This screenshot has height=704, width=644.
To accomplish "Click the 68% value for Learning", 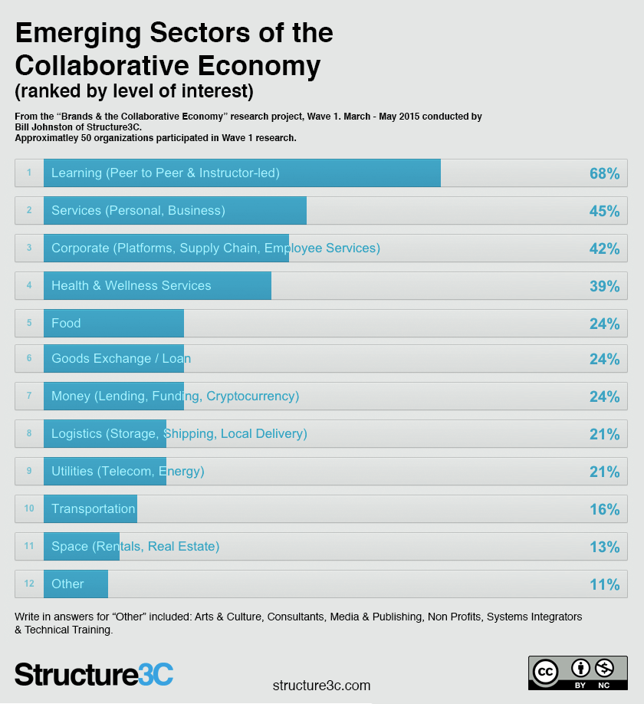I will pos(604,173).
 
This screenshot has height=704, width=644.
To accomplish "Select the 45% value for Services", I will pos(604,211).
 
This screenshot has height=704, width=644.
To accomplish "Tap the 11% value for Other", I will pos(604,584).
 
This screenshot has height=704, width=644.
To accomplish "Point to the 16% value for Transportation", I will pos(604,509).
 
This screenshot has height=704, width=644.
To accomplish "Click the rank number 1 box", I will pos(29,173).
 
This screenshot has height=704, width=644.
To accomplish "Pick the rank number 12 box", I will pos(29,584).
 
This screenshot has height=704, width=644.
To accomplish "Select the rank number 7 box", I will pos(29,396).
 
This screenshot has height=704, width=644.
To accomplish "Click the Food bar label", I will pos(66,323).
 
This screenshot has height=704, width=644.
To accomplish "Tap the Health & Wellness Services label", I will pos(131,285).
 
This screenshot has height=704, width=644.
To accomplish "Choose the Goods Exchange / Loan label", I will pos(121,358).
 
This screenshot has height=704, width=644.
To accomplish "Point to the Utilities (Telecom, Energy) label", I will pos(128,471).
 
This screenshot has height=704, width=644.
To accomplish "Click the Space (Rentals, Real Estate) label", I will pos(136,546).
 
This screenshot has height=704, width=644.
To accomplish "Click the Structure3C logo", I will pos(94,674).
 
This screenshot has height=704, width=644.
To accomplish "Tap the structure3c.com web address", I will pos(321,685).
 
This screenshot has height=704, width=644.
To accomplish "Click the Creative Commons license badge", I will pos(577,673).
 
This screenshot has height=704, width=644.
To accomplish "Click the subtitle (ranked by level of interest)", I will pos(134,91).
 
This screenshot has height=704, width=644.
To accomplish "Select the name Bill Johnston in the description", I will pos(44,127).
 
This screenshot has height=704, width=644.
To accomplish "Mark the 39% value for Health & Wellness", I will pos(604,286).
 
